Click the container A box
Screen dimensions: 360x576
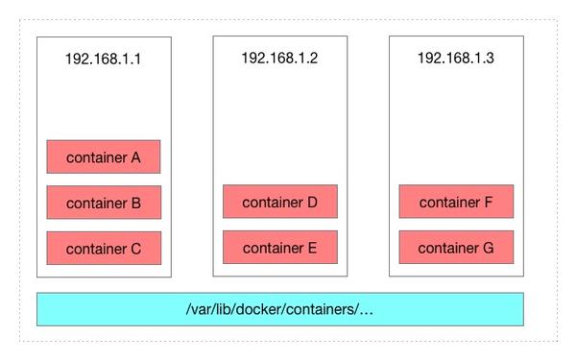click(x=104, y=156)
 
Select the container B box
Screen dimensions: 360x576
click(x=104, y=203)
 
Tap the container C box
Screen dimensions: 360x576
click(x=104, y=248)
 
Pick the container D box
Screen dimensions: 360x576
click(x=279, y=202)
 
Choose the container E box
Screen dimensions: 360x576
click(x=279, y=247)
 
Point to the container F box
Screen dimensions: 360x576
click(x=456, y=202)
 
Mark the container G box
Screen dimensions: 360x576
click(x=456, y=247)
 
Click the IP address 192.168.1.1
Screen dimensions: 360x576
click(x=104, y=59)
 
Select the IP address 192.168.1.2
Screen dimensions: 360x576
click(x=279, y=59)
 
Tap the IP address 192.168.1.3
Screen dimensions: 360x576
click(x=456, y=59)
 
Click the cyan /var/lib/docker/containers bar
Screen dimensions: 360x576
click(x=279, y=309)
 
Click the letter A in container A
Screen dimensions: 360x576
click(x=135, y=157)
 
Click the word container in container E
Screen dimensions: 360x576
click(x=272, y=248)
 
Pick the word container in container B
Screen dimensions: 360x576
click(x=96, y=204)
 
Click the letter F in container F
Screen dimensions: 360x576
click(x=488, y=203)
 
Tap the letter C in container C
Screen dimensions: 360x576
click(x=135, y=249)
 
